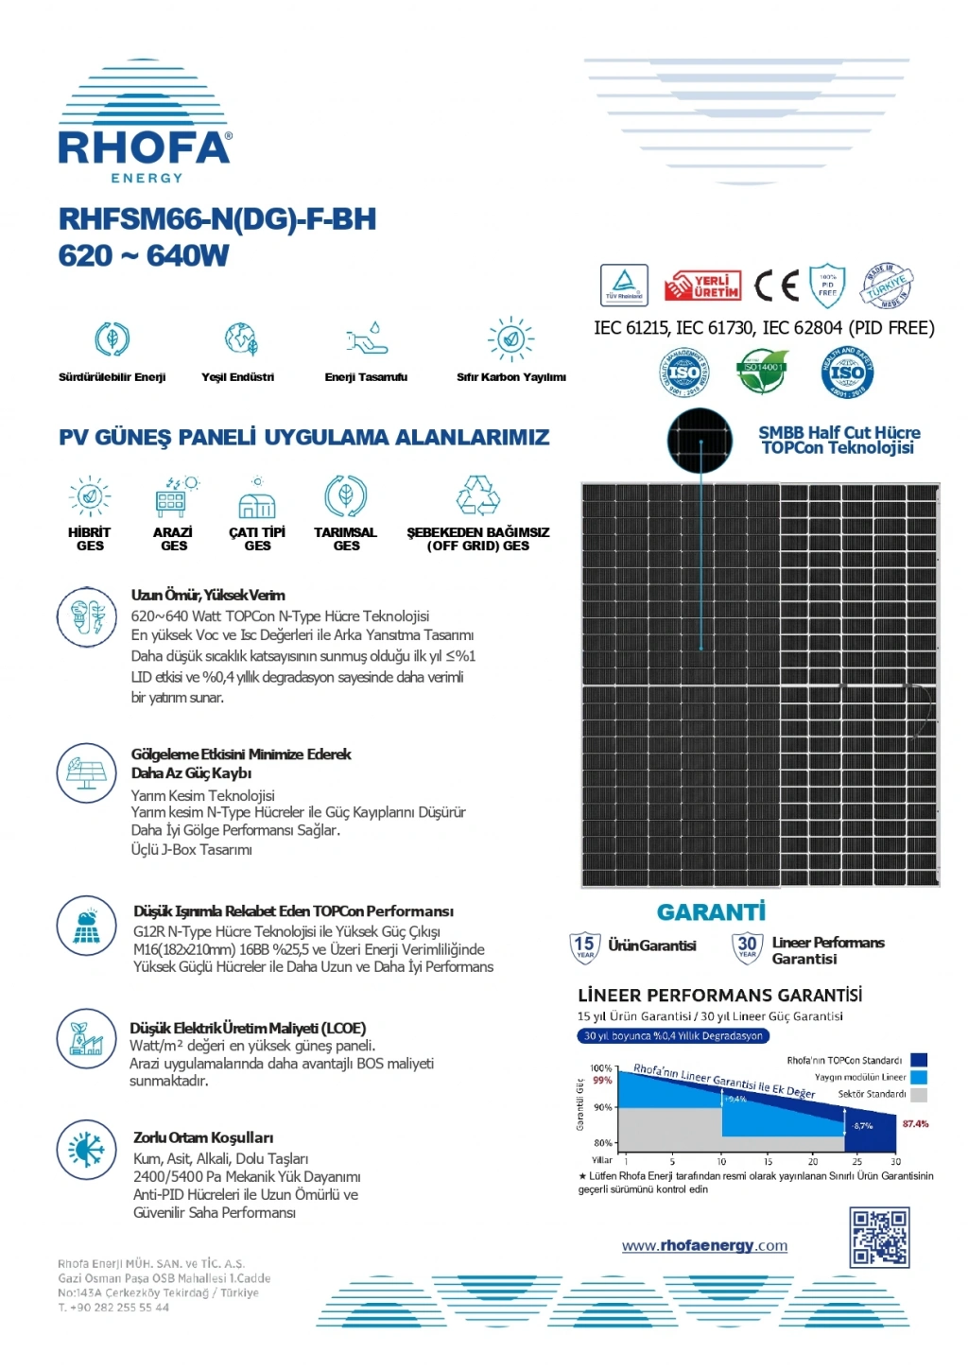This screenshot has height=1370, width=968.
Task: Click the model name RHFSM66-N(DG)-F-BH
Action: (217, 219)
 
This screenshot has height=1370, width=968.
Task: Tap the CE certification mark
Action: (776, 285)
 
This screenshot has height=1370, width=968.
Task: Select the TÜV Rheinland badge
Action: (624, 285)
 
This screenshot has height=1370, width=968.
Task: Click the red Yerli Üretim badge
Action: (701, 286)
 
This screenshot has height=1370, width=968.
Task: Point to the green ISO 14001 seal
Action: (763, 372)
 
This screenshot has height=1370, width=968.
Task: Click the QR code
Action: (879, 1237)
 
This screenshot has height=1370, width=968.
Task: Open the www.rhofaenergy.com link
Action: (704, 1246)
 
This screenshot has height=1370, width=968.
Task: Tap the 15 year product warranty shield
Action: (584, 945)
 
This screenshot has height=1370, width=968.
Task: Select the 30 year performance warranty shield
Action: (747, 945)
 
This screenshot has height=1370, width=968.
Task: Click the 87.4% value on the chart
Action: (915, 1124)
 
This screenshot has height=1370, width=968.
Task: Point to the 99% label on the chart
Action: (602, 1080)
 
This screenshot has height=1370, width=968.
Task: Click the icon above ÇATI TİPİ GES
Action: (257, 500)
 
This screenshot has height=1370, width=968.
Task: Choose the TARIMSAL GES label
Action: (346, 539)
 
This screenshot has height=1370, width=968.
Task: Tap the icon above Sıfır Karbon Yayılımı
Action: (511, 338)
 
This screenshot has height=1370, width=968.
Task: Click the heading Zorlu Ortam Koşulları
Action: (203, 1137)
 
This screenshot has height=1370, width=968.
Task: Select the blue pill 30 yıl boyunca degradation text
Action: (673, 1036)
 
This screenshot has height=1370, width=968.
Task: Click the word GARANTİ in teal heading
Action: (711, 912)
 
